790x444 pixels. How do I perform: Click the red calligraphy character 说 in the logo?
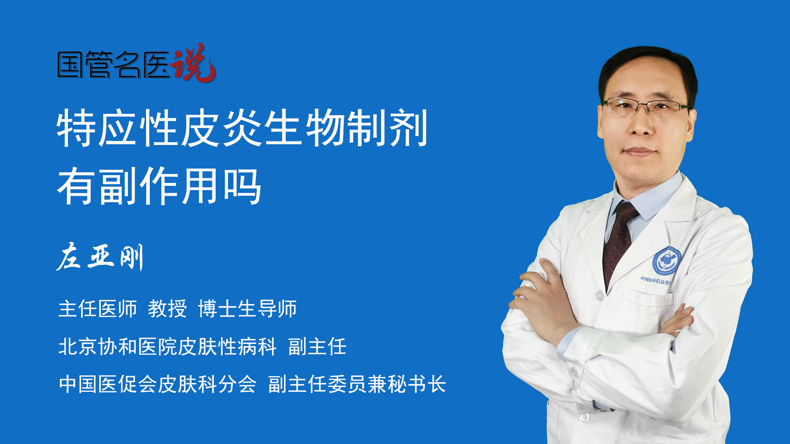pyautogui.click(x=193, y=63)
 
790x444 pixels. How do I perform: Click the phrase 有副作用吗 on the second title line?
pyautogui.click(x=159, y=186)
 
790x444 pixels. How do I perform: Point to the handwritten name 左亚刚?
pyautogui.click(x=100, y=257)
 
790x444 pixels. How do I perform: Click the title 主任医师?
pyautogui.click(x=98, y=309)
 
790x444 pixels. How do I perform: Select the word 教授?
pyautogui.click(x=167, y=309)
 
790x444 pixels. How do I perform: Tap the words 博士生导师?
pyautogui.click(x=247, y=309)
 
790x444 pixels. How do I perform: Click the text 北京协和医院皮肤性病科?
pyautogui.click(x=167, y=347)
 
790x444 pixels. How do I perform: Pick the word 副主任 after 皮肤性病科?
pyautogui.click(x=317, y=347)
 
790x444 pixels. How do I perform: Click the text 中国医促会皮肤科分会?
pyautogui.click(x=158, y=384)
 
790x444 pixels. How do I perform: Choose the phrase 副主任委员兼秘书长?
pyautogui.click(x=357, y=384)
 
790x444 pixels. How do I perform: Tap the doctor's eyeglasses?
pyautogui.click(x=646, y=106)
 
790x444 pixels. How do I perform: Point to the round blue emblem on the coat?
pyautogui.click(x=667, y=261)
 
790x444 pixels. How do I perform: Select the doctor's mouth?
pyautogui.click(x=639, y=152)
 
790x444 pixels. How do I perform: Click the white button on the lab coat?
pyautogui.click(x=600, y=295)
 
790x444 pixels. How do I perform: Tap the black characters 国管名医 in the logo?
pyautogui.click(x=114, y=65)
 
